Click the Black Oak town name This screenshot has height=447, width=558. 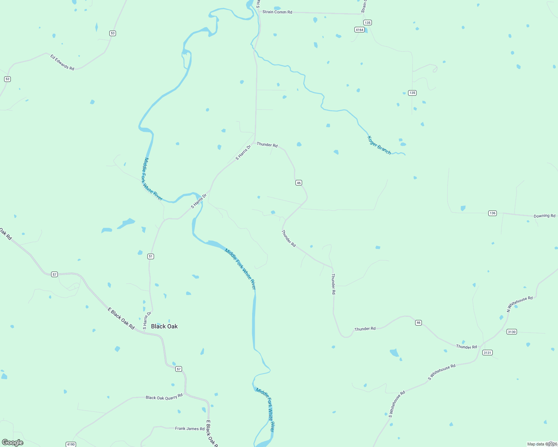tap(164, 326)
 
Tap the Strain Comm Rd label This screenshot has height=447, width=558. tap(277, 12)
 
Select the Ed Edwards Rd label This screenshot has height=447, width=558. tap(62, 62)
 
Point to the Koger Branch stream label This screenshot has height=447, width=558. tap(379, 145)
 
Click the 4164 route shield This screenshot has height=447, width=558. tap(359, 30)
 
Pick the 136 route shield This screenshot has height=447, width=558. tap(492, 213)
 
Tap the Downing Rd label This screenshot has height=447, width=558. tap(544, 216)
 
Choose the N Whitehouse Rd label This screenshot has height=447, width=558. tap(520, 304)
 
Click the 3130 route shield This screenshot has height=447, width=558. tap(511, 332)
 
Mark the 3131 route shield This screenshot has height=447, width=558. tap(487, 352)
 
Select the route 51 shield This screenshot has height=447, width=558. tap(150, 256)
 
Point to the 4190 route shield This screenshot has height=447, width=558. tap(70, 444)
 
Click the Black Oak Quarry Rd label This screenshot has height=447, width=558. tap(164, 397)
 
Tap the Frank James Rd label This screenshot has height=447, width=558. tap(190, 428)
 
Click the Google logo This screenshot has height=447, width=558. tap(13, 443)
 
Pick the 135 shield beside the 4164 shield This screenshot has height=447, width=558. tap(367, 23)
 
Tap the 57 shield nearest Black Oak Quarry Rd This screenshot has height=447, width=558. tap(179, 369)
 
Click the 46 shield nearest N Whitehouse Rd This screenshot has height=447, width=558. tap(418, 323)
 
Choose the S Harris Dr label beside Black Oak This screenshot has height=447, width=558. tap(147, 320)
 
